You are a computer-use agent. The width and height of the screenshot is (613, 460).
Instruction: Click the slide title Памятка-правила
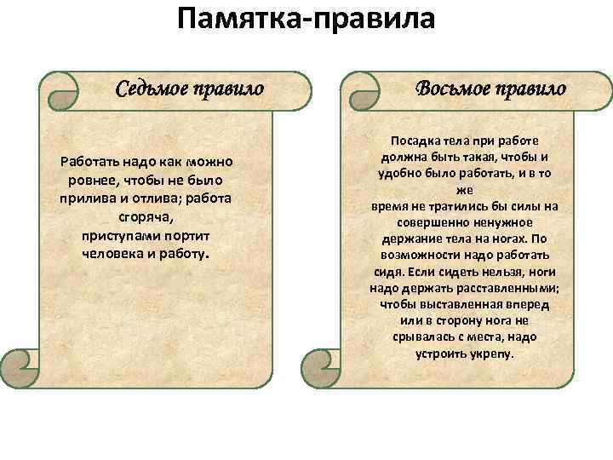[306, 19]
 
